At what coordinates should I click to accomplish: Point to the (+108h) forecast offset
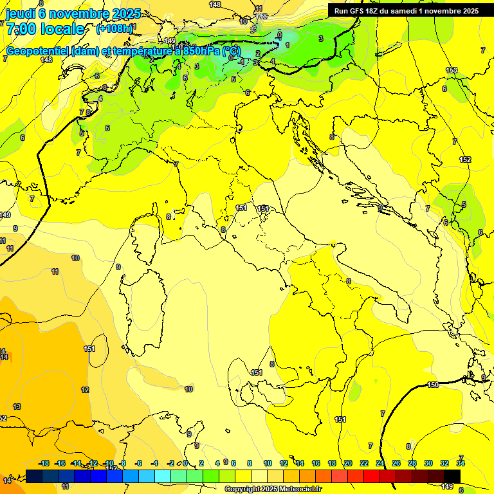114,29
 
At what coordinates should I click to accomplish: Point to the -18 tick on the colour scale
44,463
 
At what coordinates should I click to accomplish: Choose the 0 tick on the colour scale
185,463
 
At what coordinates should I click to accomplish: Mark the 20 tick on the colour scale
348,463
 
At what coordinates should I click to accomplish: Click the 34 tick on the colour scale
461,463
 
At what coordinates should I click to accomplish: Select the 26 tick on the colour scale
396,463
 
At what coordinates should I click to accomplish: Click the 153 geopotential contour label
452,70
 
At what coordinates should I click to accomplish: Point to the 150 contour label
433,385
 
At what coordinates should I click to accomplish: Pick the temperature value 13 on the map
17,407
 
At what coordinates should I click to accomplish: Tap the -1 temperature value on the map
241,62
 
